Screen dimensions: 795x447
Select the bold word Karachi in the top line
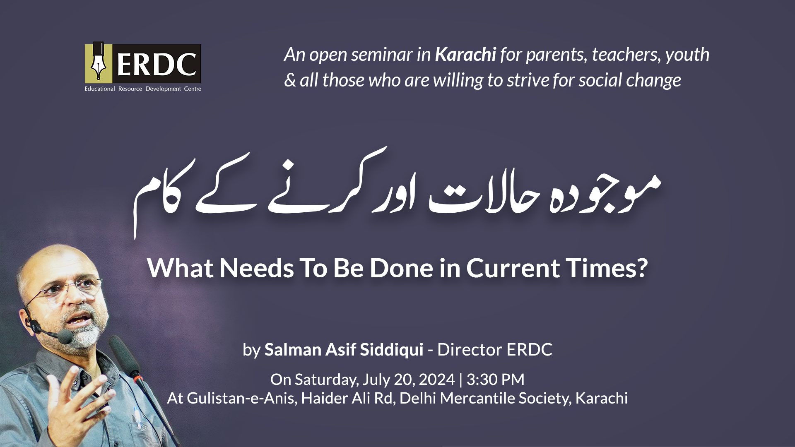pos(465,55)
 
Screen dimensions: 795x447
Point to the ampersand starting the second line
pos(290,80)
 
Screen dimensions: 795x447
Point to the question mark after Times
pos(641,268)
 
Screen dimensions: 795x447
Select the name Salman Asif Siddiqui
pos(344,350)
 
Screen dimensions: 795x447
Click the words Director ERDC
pos(495,350)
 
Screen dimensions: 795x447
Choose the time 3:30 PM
pos(495,380)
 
